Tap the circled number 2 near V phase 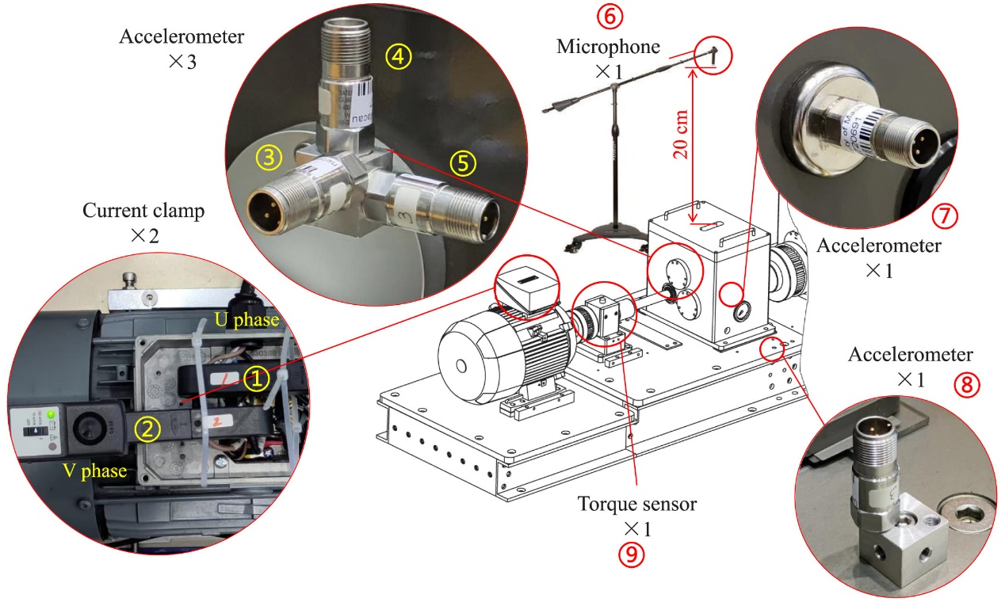(147, 429)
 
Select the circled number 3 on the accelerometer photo (269, 158)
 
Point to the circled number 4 (399, 55)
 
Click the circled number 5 (463, 162)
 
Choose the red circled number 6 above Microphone (614, 15)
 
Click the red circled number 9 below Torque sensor (631, 554)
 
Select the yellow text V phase (95, 471)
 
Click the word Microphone (608, 47)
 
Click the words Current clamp (143, 211)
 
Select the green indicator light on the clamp (52, 413)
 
